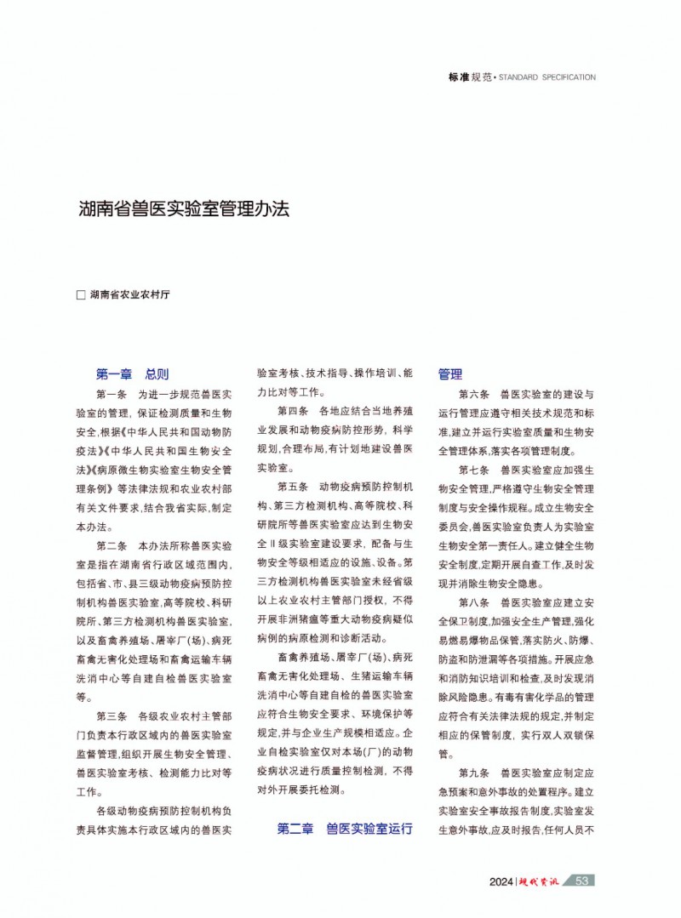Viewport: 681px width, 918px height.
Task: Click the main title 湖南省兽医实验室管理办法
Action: point(184,209)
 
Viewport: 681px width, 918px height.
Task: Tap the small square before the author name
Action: point(82,295)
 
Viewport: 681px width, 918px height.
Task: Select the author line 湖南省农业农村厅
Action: point(130,295)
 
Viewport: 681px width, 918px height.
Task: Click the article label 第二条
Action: point(112,545)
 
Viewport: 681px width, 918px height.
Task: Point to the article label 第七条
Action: point(473,470)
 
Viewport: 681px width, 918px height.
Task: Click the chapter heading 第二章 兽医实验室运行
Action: point(345,828)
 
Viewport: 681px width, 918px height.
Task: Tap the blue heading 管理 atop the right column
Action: point(450,373)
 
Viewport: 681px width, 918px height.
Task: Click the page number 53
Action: point(582,881)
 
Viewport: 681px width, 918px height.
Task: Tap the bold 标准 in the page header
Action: point(460,77)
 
